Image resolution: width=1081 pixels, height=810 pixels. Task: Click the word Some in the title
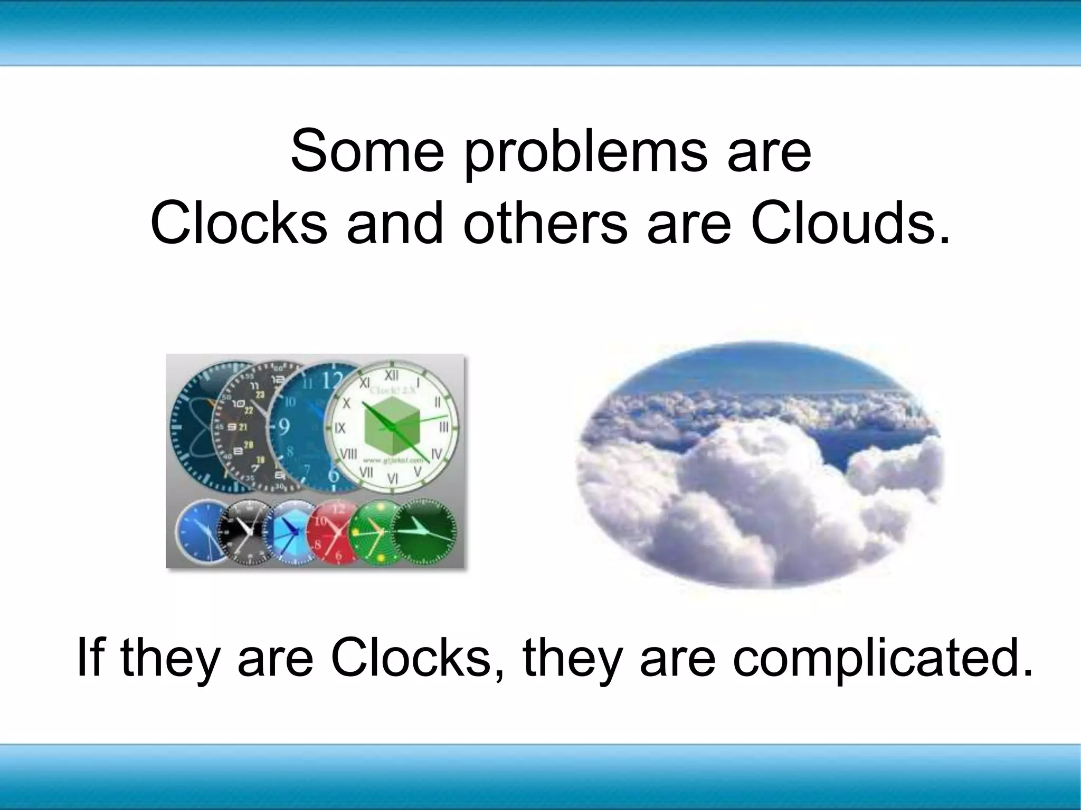pyautogui.click(x=367, y=151)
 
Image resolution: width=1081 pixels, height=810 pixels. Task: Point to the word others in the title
pyautogui.click(x=546, y=224)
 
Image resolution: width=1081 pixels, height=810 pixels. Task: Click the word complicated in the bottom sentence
pyautogui.click(x=881, y=659)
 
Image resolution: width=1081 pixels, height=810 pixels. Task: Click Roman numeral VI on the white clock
pyautogui.click(x=393, y=478)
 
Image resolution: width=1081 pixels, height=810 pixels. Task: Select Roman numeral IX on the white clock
pyautogui.click(x=339, y=428)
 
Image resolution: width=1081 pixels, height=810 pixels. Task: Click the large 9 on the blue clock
pyautogui.click(x=283, y=426)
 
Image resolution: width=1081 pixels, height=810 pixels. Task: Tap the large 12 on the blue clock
pyautogui.click(x=331, y=380)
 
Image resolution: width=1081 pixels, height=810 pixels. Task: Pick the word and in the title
pyautogui.click(x=395, y=224)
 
